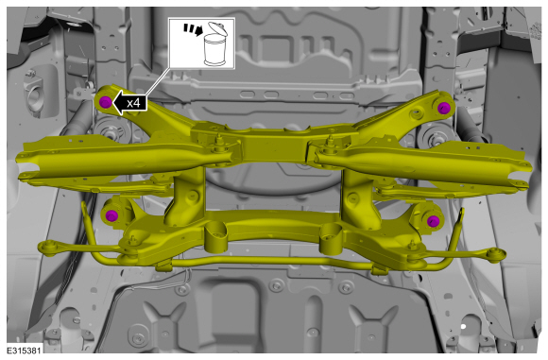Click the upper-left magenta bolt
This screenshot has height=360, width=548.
pos(106,102)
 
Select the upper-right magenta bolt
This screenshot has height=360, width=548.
pos(443,108)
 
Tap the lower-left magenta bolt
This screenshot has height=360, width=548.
pos(111,215)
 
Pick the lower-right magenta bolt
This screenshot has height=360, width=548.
pos(433,220)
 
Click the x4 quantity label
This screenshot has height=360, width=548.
pos(133,103)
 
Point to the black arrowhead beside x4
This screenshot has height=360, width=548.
pos(119,103)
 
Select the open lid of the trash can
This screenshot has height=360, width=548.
pos(217,28)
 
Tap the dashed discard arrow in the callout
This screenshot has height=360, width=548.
pos(194,29)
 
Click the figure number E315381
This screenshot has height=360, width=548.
pos(25,351)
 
